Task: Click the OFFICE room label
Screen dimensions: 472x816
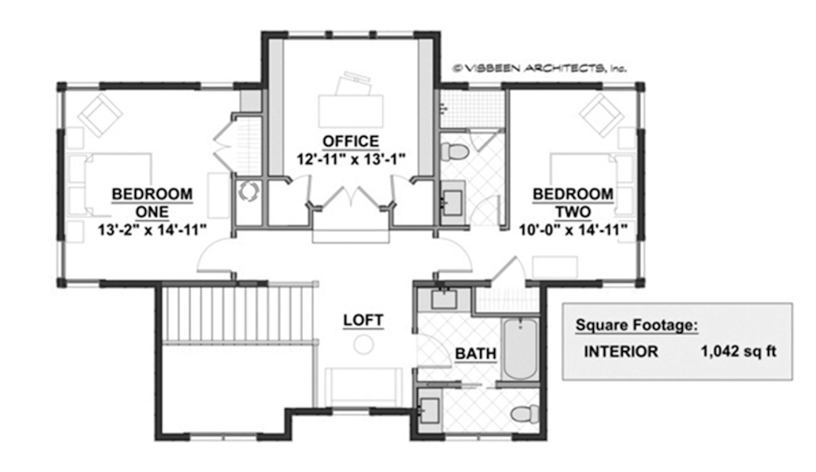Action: [351, 141]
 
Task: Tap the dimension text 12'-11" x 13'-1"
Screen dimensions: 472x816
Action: [351, 159]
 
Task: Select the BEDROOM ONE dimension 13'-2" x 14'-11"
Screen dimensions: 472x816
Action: [152, 230]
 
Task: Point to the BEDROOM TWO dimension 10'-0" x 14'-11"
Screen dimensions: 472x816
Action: [573, 230]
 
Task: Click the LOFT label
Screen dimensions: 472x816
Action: [363, 320]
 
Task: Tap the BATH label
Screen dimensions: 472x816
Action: [475, 354]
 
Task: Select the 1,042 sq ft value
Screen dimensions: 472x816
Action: [738, 351]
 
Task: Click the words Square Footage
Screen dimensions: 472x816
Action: [636, 325]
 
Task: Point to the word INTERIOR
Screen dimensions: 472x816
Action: [621, 352]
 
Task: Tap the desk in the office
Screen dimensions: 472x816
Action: [351, 111]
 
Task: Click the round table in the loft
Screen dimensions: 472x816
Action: [363, 345]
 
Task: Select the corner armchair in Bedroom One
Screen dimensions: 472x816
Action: [100, 114]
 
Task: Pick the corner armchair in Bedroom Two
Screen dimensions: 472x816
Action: [601, 114]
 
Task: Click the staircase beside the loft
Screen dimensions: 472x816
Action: [238, 314]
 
